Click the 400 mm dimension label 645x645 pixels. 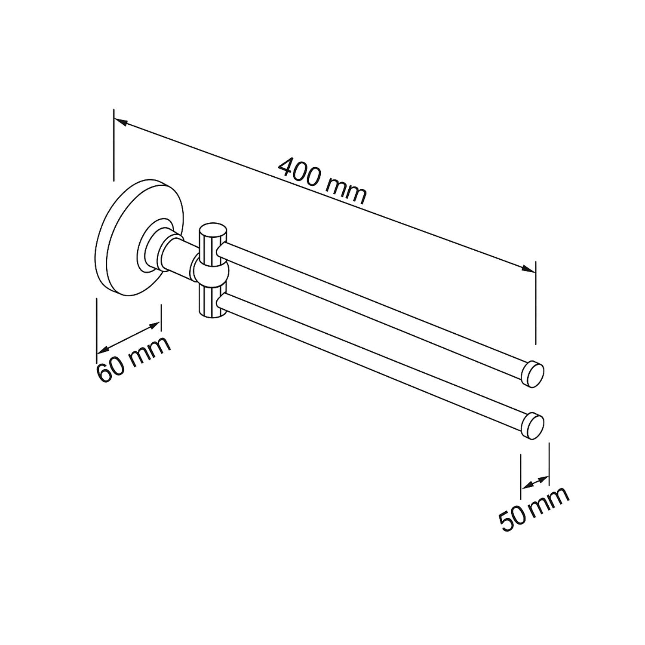pyautogui.click(x=323, y=181)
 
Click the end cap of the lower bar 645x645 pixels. pyautogui.click(x=533, y=426)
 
